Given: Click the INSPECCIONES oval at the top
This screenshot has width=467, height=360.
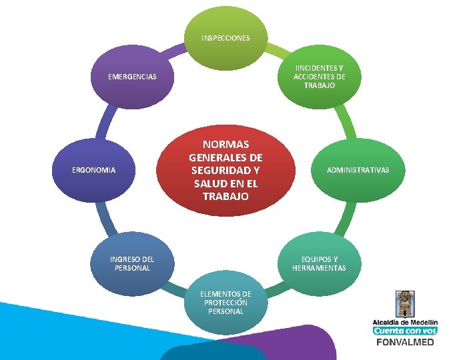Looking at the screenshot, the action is [x=225, y=38].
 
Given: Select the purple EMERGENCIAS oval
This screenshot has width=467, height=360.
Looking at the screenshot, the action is [x=132, y=77].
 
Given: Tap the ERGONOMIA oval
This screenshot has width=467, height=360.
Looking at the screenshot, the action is [x=93, y=171].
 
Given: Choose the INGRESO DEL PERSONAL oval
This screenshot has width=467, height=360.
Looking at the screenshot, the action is [x=132, y=263].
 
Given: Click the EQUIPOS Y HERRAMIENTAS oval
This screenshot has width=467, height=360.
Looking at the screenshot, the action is [x=319, y=263].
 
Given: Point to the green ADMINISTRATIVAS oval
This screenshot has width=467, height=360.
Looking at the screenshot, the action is [x=358, y=171].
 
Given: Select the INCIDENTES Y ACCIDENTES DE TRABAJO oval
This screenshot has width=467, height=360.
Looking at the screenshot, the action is [x=319, y=77].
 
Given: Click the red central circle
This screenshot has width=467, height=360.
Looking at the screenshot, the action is [x=225, y=171].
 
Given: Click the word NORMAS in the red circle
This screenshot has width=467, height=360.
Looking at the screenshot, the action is [x=225, y=145].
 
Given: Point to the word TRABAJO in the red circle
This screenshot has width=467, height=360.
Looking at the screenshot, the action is [x=225, y=197].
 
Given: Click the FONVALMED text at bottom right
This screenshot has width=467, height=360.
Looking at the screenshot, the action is [x=405, y=342].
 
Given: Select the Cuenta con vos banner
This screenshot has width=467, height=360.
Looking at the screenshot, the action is [x=405, y=331].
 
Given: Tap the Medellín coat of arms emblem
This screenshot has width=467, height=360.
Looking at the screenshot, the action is [x=405, y=304].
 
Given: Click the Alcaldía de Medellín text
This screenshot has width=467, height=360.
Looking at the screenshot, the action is [x=405, y=322].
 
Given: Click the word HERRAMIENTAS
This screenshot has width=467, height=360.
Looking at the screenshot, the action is [x=319, y=268].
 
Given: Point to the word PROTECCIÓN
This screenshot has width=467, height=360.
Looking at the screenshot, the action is [x=225, y=302].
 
